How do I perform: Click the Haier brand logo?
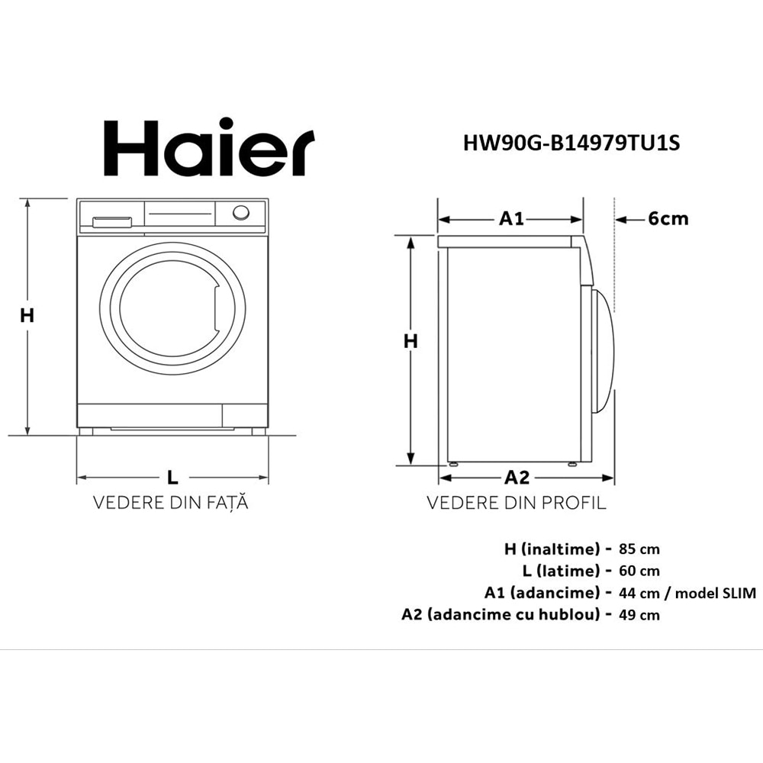click(208, 148)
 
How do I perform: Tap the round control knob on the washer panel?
click(241, 212)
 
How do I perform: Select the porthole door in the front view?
click(172, 308)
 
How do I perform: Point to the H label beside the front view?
click(27, 315)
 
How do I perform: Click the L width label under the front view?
click(172, 478)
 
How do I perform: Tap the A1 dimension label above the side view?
click(511, 219)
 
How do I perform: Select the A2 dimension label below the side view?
click(517, 478)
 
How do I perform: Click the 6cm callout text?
click(668, 219)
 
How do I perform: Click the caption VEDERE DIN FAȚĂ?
click(171, 504)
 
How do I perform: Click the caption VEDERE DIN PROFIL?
click(516, 504)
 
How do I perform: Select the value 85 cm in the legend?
click(640, 549)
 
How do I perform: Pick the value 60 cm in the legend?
click(640, 571)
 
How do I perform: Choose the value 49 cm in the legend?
click(640, 615)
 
